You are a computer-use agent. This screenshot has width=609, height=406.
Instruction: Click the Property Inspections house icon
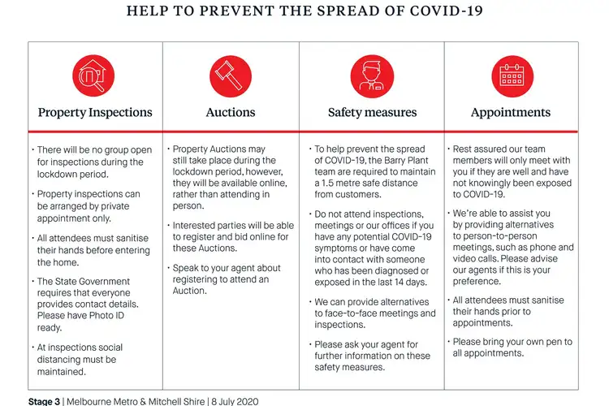[95, 77]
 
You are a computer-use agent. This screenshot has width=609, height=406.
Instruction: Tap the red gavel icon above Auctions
[231, 77]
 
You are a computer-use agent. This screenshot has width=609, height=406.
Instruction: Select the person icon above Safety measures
[372, 77]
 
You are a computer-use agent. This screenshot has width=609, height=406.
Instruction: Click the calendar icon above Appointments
[511, 77]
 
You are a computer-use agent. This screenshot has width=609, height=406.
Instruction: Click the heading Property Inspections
[95, 113]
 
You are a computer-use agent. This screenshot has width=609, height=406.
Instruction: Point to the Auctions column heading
[231, 113]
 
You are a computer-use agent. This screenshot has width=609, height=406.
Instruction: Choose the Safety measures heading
[372, 113]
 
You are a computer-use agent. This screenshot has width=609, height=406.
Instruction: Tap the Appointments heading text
[511, 113]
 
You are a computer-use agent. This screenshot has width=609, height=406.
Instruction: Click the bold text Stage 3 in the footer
[44, 401]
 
